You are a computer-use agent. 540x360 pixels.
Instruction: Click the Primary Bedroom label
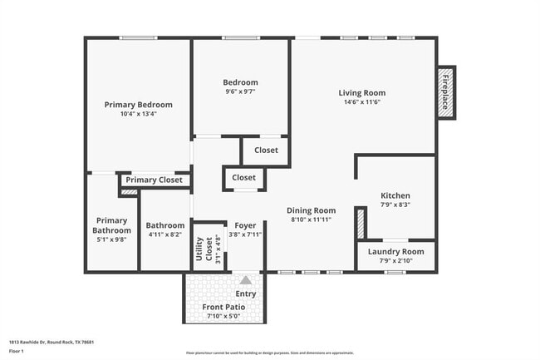click(138, 105)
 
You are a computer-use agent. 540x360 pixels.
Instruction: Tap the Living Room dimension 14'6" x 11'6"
click(361, 102)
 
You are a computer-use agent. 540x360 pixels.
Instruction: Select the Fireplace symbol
click(445, 91)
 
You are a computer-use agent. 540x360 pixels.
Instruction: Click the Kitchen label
click(395, 195)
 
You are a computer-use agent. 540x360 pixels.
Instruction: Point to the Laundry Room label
click(395, 252)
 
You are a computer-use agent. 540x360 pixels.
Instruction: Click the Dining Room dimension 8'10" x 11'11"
click(312, 219)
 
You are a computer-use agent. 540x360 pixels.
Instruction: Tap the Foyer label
click(245, 225)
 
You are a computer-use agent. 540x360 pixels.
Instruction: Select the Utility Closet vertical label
click(199, 249)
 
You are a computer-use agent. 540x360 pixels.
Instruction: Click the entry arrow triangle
click(245, 281)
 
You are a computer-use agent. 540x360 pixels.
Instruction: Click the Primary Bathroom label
click(112, 225)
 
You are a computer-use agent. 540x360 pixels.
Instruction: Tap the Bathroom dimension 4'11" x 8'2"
click(164, 234)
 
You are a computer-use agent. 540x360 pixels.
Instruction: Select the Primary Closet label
click(154, 180)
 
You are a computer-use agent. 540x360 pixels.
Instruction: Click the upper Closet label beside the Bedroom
click(266, 150)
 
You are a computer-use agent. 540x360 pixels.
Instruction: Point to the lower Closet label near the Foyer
click(243, 178)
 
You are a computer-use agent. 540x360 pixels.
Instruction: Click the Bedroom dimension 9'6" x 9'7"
click(240, 92)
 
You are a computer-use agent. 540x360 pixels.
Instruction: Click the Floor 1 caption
click(17, 351)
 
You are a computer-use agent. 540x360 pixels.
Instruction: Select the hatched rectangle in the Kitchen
click(361, 224)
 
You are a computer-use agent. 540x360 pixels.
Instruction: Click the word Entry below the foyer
click(246, 293)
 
